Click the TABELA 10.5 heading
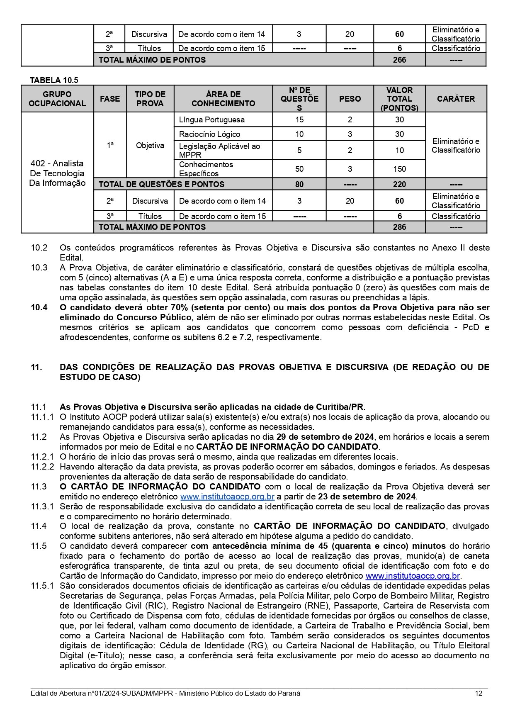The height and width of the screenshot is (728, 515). coord(54,80)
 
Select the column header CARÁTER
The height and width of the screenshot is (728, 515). coord(456,99)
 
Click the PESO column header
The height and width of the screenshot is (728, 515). coord(350,99)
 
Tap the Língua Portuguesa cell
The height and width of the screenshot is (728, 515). coord(211,120)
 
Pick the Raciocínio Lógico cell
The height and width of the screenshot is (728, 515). coord(209,134)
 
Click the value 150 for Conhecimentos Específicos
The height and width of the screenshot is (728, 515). coord(399,169)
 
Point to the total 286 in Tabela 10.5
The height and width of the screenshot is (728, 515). coord(399,227)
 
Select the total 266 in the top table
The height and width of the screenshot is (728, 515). coord(399,60)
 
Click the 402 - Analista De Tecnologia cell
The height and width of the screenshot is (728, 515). coord(57,173)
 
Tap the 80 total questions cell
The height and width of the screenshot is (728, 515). coord(299,184)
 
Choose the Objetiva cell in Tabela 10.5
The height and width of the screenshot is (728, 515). coord(150,145)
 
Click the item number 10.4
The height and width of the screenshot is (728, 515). coord(39,307)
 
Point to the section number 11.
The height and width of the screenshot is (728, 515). coord(36,367)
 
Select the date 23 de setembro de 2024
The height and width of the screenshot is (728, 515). coord(367,497)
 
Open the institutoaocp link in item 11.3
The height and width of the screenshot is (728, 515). coord(227,497)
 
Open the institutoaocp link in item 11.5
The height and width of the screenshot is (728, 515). coord(412,576)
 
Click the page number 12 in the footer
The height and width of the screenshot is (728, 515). coord(479,694)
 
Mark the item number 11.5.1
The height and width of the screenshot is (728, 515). coord(42,586)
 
